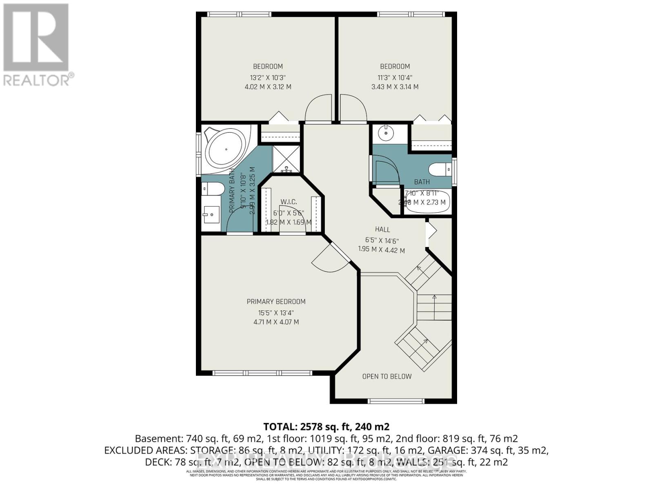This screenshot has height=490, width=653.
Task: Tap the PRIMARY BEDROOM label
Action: pyautogui.click(x=276, y=302)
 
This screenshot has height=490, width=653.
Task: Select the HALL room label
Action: pyautogui.click(x=382, y=229)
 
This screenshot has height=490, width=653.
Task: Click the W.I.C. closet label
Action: pyautogui.click(x=289, y=202)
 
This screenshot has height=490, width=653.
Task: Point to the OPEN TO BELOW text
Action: pyautogui.click(x=386, y=376)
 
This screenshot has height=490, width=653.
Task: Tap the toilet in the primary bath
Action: pyautogui.click(x=214, y=189)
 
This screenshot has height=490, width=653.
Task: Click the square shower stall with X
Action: pyautogui.click(x=286, y=158)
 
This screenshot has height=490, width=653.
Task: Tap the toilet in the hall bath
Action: pyautogui.click(x=438, y=169)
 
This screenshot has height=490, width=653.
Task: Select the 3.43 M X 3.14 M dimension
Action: pyautogui.click(x=395, y=87)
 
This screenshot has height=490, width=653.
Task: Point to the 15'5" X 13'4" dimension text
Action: pyautogui.click(x=276, y=313)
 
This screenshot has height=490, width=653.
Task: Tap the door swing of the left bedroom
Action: pyautogui.click(x=318, y=107)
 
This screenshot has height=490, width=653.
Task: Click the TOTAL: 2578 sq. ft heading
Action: pyautogui.click(x=326, y=427)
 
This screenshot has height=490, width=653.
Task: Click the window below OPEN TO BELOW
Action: pyautogui.click(x=396, y=401)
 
